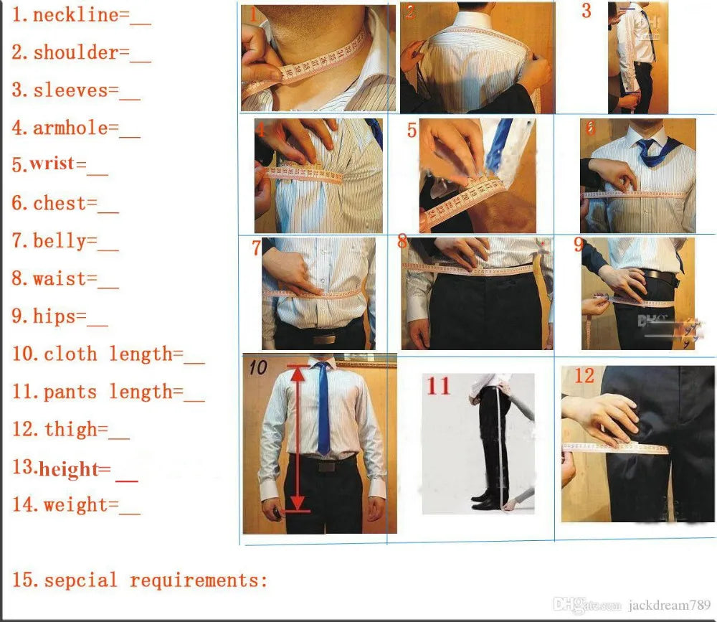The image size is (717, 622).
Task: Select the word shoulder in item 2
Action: click(75, 52)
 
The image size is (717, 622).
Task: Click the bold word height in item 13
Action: click(68, 470)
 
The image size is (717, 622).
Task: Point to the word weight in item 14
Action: click(75, 505)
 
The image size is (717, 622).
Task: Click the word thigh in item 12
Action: click(70, 430)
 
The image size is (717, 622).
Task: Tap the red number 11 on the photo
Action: click(439, 386)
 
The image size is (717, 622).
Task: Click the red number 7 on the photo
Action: click(257, 248)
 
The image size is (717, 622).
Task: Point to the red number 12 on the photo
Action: click(584, 375)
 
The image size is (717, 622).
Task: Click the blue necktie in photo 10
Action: click(323, 409)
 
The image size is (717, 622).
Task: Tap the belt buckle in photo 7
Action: click(324, 338)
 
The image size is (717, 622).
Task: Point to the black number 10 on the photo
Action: click(258, 368)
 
